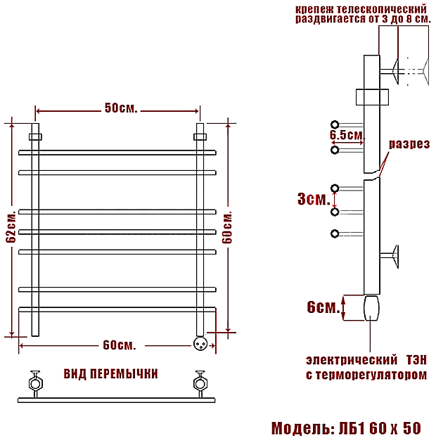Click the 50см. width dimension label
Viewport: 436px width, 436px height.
coord(120,109)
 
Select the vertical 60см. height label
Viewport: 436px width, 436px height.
coord(226,227)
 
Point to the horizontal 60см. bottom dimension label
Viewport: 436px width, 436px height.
coord(118,345)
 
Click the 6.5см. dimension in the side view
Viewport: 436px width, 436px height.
coord(347,134)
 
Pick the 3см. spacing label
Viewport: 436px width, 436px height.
coord(314,199)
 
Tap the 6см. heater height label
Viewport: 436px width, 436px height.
coord(323,307)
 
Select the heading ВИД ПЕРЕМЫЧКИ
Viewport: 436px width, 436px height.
coord(110,373)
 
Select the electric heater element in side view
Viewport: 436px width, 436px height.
coord(371,308)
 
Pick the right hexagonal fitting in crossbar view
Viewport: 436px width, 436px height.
coord(200,384)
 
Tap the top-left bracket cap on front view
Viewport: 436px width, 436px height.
coord(35,136)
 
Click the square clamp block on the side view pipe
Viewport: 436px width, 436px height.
coord(371,96)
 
